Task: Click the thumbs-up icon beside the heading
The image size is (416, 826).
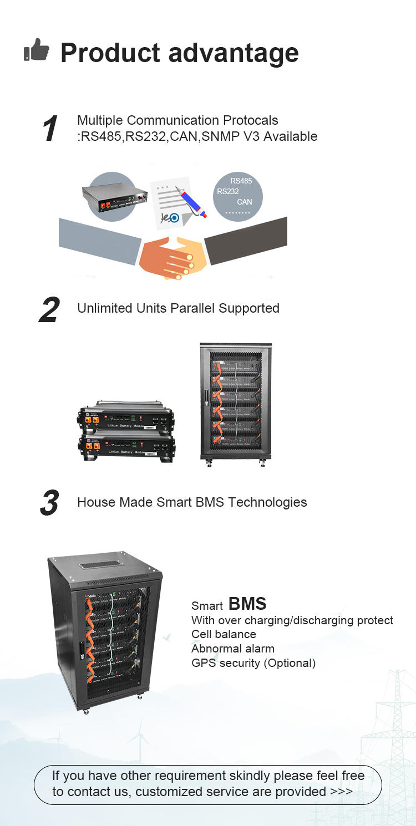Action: tap(36, 50)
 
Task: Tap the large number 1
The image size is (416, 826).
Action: tap(50, 129)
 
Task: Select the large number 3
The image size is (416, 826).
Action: tap(49, 503)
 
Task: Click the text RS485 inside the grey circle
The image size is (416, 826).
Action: tap(241, 181)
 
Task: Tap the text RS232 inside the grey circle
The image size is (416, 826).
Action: tap(228, 191)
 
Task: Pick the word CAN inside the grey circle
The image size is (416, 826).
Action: tap(244, 202)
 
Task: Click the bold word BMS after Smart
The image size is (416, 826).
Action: tap(247, 604)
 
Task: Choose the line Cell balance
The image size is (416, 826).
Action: tap(224, 634)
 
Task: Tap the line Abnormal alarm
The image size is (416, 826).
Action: tap(232, 649)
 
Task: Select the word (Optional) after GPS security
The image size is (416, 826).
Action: tap(289, 663)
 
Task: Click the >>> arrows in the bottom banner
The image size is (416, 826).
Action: tap(341, 791)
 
